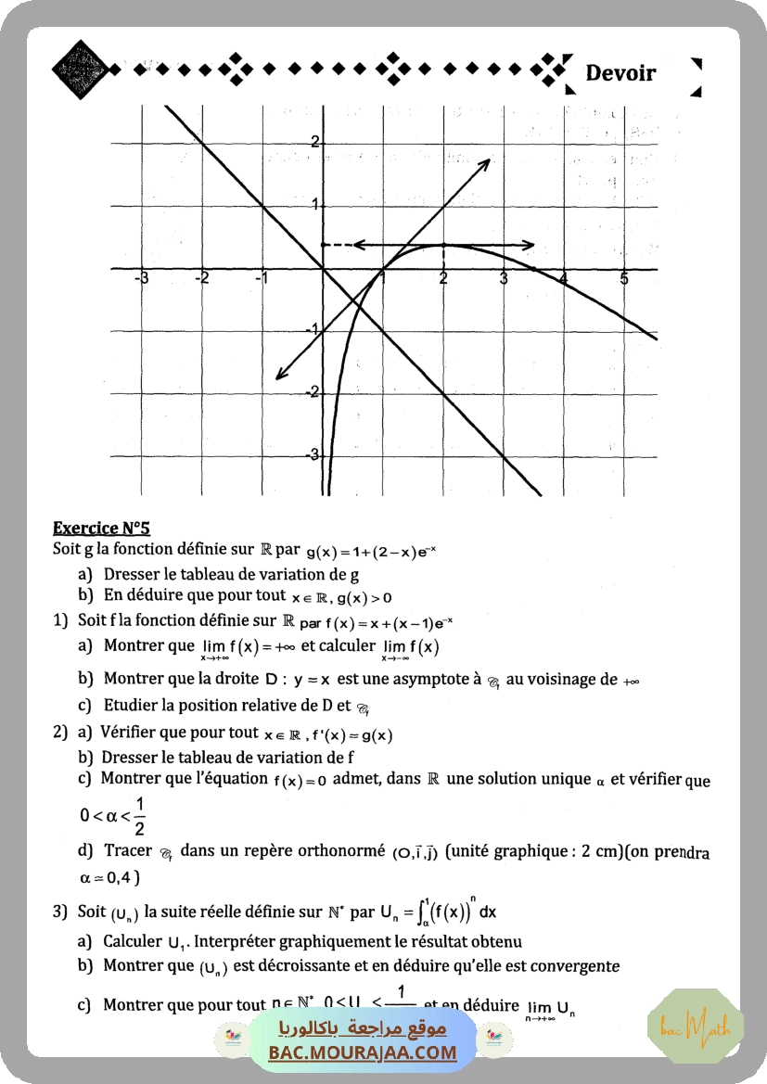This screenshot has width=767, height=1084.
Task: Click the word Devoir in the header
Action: pos(620,73)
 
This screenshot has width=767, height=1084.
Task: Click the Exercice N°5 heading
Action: pos(101,529)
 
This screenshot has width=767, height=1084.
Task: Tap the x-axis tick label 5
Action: pos(624,279)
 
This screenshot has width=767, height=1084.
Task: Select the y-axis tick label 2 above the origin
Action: pos(314,142)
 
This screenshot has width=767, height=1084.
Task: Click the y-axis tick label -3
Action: pos(313,454)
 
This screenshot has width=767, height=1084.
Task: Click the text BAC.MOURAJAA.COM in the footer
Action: pos(363,1052)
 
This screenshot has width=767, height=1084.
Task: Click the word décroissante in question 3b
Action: pos(313,966)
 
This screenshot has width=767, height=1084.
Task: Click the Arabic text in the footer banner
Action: pos(363,1029)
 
